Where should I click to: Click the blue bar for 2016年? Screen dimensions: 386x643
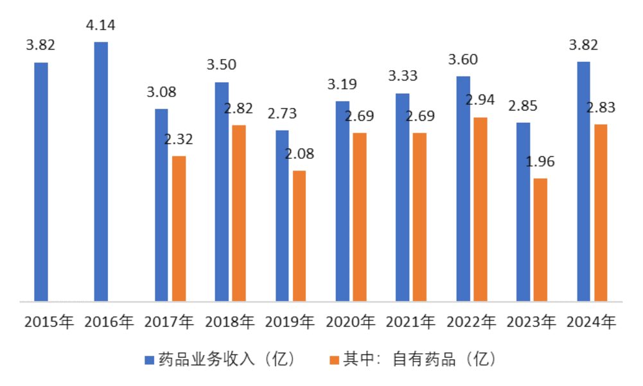[101, 171]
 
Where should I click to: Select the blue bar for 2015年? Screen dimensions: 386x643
[41, 181]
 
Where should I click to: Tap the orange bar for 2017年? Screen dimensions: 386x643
[179, 228]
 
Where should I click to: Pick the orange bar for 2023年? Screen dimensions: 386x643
[540, 239]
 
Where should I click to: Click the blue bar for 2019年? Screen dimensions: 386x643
[282, 216]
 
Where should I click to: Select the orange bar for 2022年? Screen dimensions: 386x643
[480, 209]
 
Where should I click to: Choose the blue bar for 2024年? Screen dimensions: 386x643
[583, 181]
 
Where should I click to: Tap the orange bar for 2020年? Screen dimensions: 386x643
[360, 217]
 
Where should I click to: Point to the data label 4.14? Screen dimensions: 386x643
[100, 26]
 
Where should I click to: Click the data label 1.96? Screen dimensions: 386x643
[540, 161]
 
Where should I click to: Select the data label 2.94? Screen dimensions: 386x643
[480, 100]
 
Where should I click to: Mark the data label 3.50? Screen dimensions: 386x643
[221, 65]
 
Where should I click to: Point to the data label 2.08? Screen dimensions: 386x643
[299, 154]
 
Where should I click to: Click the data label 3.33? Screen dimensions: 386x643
[403, 76]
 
